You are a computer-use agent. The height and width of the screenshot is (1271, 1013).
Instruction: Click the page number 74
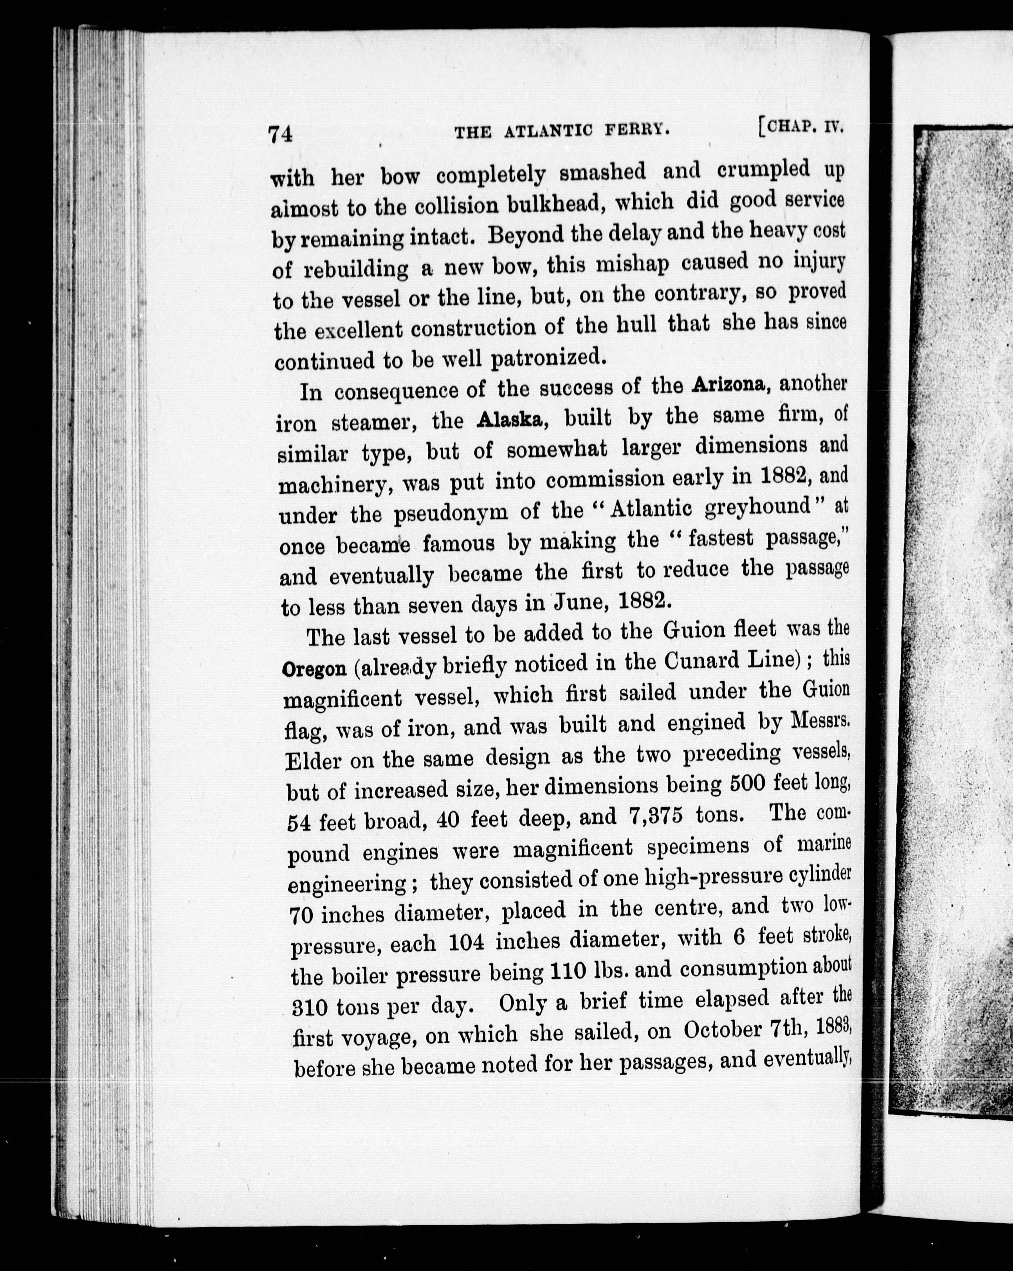click(280, 134)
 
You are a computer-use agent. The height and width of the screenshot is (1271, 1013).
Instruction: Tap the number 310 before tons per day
click(310, 1009)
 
